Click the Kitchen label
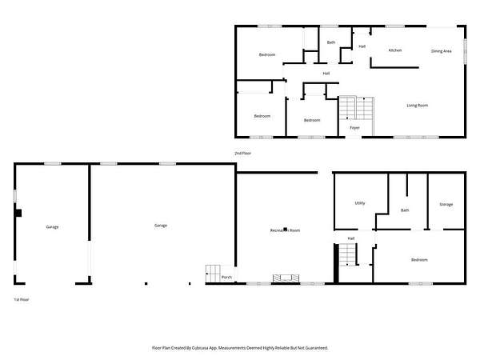395,50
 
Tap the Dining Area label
441,51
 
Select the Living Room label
418,106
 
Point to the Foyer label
354,128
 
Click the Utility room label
360,203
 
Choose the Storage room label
446,204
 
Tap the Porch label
226,277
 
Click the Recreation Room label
285,230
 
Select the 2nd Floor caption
242,153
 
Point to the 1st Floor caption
22,300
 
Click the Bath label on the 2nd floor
331,42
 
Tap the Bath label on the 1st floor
405,210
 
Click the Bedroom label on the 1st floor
419,260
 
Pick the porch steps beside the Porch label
213,274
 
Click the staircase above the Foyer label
357,108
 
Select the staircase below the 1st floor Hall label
348,254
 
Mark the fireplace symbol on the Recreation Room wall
286,278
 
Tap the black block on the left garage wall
18,213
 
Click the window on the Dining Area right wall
465,51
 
